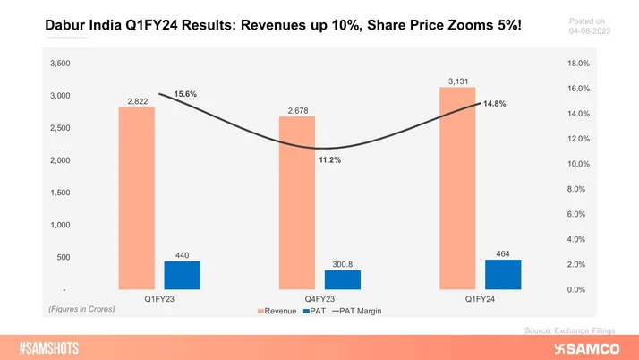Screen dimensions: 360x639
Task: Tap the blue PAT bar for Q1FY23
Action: pyautogui.click(x=183, y=276)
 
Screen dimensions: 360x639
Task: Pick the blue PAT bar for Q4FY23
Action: pyautogui.click(x=343, y=280)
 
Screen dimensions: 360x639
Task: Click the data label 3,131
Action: pyautogui.click(x=457, y=81)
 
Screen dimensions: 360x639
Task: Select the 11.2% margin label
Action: pyautogui.click(x=328, y=160)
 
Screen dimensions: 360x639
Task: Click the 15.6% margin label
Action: pyautogui.click(x=185, y=94)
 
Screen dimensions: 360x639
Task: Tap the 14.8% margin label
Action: pyautogui.click(x=494, y=104)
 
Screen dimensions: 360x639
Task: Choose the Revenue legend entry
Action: pyautogui.click(x=279, y=311)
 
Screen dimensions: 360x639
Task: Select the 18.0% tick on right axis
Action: pyautogui.click(x=578, y=64)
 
